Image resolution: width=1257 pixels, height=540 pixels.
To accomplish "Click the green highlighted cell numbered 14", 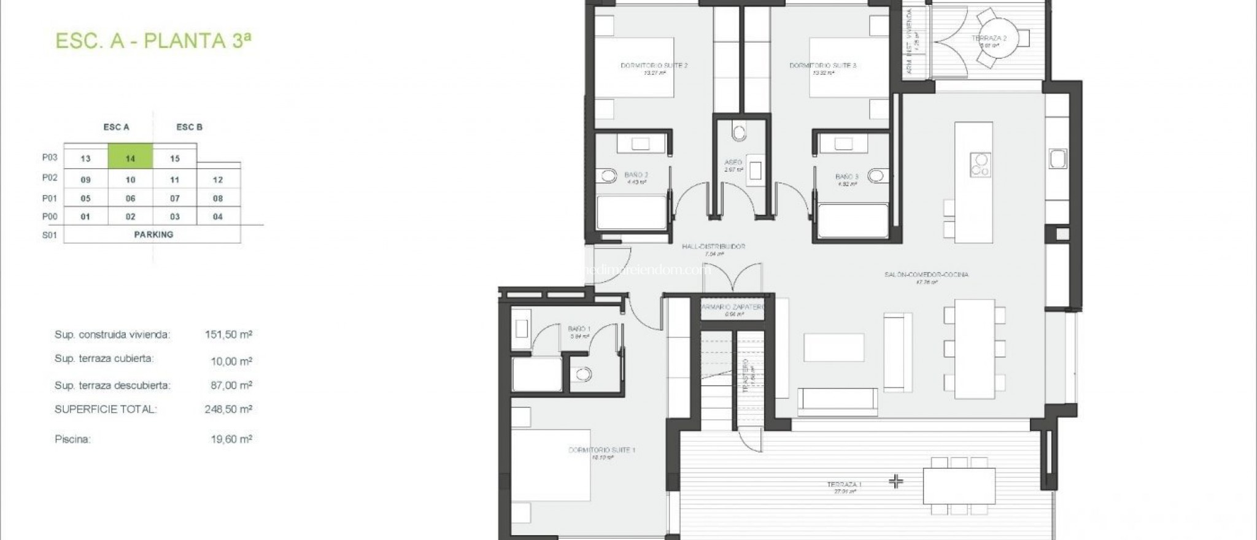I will click(130, 158).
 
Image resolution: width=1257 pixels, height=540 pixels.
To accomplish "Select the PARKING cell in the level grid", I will click(153, 234).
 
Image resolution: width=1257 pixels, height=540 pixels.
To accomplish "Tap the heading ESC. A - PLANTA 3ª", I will click(153, 40).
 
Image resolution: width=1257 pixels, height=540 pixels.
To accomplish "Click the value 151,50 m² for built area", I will click(228, 334).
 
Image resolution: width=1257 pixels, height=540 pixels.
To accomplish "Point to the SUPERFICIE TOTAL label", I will click(106, 409).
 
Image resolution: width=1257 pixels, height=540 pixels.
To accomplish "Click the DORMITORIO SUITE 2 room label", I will click(654, 65).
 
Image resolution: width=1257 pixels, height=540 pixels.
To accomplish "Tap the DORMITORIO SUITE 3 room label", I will click(822, 65).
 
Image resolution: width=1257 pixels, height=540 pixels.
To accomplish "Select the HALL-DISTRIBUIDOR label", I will click(714, 247).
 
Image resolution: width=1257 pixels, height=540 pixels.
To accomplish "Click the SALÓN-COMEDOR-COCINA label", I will click(926, 275).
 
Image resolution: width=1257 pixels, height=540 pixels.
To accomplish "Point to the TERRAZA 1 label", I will click(844, 485).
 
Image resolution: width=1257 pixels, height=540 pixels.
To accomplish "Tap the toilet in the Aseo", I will click(739, 132).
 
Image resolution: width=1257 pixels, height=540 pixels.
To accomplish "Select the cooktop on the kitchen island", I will click(980, 164).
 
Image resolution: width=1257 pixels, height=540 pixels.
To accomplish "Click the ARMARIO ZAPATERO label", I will click(732, 307).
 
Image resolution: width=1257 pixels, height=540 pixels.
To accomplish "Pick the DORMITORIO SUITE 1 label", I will click(601, 450).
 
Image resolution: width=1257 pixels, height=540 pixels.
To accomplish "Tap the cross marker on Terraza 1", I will click(896, 482).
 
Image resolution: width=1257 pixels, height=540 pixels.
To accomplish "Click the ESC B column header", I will click(189, 127).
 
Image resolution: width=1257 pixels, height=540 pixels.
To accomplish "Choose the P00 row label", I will click(50, 216).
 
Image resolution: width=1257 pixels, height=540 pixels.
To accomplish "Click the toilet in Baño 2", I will click(609, 177).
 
